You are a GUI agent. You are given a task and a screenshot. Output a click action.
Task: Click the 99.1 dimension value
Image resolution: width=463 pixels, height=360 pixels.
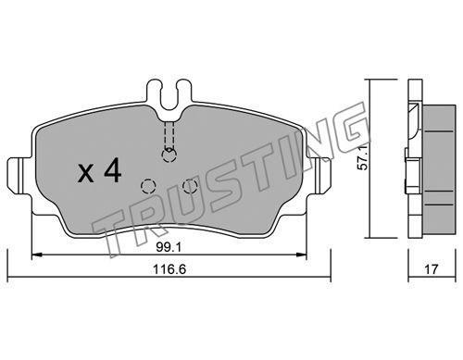[169, 247]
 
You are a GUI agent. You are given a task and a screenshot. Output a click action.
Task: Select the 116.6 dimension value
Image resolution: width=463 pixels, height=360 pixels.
[169, 269]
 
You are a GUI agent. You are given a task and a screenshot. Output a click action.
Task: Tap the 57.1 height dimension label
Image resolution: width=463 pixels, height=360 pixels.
[362, 157]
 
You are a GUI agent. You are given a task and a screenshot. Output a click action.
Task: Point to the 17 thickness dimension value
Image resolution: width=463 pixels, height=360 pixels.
[432, 269]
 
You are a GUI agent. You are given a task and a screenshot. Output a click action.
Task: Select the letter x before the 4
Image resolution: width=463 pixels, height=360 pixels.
[85, 173]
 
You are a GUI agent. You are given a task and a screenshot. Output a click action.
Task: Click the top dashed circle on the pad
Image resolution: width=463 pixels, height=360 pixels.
[169, 155]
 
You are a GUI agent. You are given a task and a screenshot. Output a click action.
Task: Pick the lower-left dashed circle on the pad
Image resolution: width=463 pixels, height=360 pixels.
[148, 186]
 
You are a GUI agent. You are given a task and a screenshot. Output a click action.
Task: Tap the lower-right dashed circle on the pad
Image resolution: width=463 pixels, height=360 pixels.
[190, 186]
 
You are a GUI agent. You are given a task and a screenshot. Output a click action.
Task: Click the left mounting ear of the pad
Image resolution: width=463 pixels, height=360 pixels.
[19, 176]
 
